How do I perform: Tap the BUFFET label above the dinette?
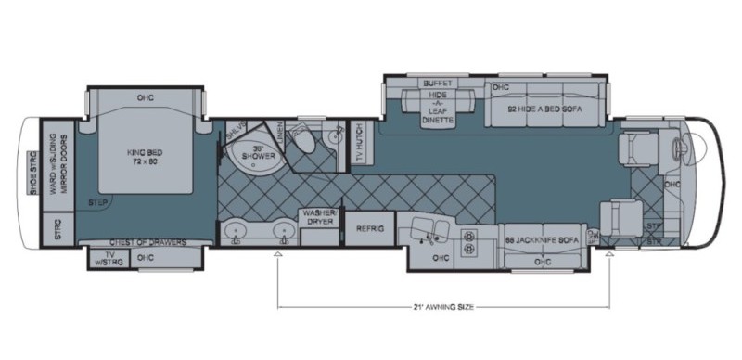click(x=438, y=84)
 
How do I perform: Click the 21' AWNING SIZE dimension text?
click(x=443, y=306)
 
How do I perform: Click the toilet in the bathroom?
click(x=310, y=141)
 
